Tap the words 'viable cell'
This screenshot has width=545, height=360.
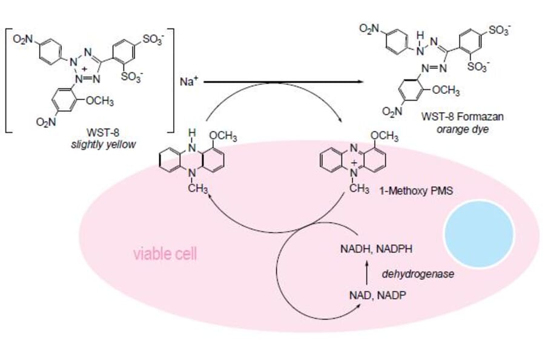click(x=165, y=254)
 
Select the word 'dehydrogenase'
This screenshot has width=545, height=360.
click(x=418, y=274)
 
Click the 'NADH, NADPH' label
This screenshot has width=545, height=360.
click(x=370, y=248)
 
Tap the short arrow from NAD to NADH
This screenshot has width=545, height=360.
click(x=369, y=272)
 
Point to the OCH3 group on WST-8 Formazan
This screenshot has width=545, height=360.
click(x=446, y=92)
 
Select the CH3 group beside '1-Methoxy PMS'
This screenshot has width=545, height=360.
click(x=360, y=190)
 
